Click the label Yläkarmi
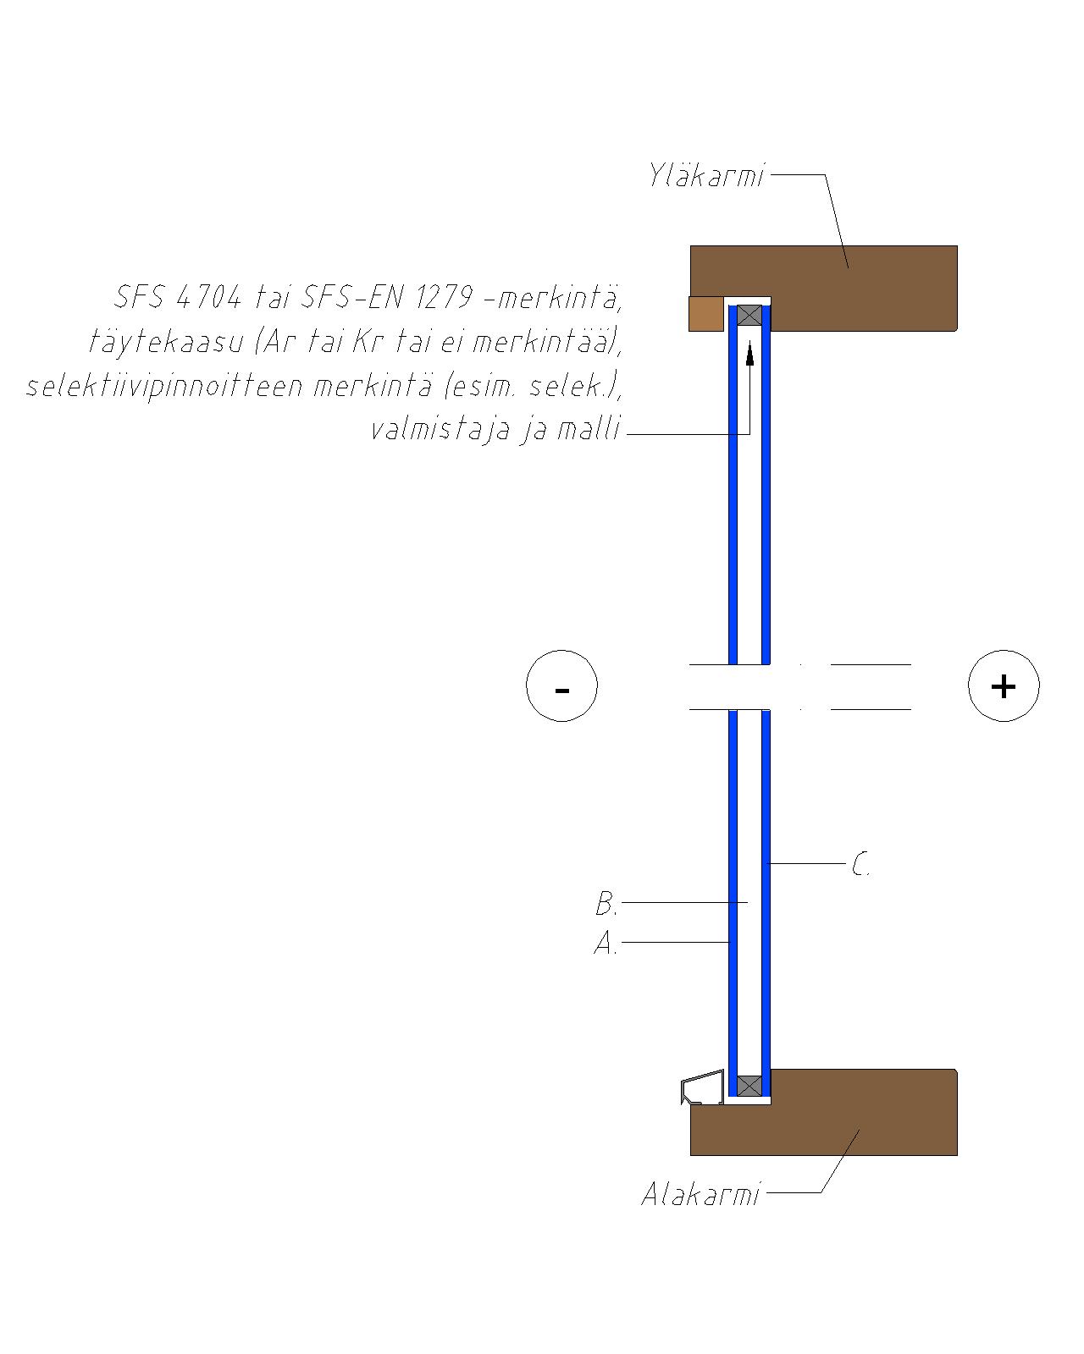pos(706,175)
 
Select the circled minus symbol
pos(561,685)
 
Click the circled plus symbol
pos(1004,685)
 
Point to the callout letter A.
pos(606,943)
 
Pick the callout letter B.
pos(606,904)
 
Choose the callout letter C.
pos(860,864)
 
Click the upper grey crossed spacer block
pos(749,315)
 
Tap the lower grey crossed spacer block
pos(749,1086)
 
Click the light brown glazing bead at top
pos(706,313)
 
